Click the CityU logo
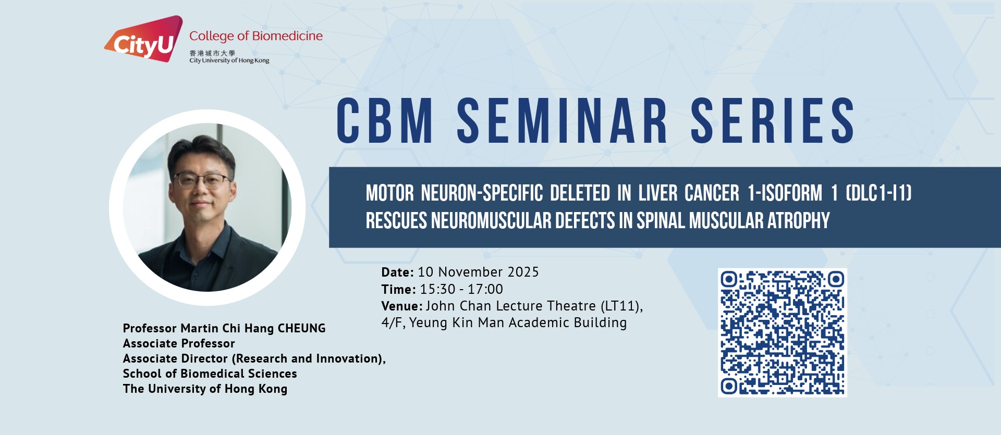click(143, 39)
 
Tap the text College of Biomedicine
click(256, 36)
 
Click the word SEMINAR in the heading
click(562, 121)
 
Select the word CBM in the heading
click(385, 121)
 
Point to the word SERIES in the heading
click(773, 121)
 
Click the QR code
click(782, 332)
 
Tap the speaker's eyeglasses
click(202, 181)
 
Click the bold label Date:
click(397, 272)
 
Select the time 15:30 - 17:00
click(461, 289)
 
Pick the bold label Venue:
click(402, 306)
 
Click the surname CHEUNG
click(301, 328)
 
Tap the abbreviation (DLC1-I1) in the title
click(878, 193)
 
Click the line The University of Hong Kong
click(205, 389)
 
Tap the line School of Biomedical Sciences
click(210, 374)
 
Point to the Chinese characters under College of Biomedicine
click(212, 53)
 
